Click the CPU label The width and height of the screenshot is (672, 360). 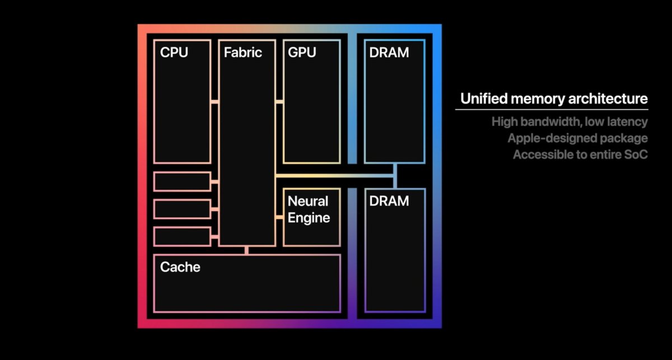[174, 53]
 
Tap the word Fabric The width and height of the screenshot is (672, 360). [242, 53]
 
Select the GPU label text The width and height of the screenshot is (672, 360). [302, 53]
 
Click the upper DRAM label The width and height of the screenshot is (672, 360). [389, 53]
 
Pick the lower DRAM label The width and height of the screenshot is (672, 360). [389, 201]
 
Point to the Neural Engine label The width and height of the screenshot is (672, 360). [309, 209]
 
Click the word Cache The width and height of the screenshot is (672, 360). [180, 267]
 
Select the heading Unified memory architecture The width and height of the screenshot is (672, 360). [554, 99]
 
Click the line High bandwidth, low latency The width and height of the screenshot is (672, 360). [570, 121]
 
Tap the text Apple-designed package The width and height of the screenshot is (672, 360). [577, 138]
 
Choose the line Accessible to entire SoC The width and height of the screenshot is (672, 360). [580, 155]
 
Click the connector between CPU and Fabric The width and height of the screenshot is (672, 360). [214, 101]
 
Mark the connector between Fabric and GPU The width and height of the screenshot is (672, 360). [279, 101]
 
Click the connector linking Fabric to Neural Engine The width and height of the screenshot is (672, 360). [279, 217]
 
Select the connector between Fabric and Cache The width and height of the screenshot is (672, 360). [246, 250]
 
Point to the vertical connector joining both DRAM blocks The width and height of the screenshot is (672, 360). [395, 176]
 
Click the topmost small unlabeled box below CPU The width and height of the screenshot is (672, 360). [182, 181]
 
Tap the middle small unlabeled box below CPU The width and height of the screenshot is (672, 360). [182, 209]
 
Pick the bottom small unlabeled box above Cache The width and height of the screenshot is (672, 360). [182, 236]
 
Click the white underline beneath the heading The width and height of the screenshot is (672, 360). [552, 109]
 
